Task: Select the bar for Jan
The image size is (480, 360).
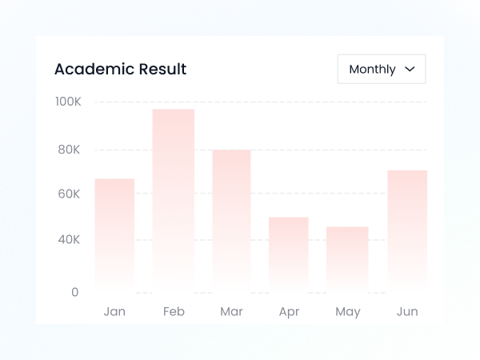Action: (x=114, y=232)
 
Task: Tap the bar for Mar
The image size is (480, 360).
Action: (x=231, y=218)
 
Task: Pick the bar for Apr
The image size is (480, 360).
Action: (x=289, y=252)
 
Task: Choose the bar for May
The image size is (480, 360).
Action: (x=347, y=257)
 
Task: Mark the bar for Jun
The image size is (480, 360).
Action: (x=407, y=229)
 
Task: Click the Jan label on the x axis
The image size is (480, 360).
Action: (x=114, y=311)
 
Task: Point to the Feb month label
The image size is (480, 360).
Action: (x=174, y=311)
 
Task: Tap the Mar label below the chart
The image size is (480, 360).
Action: (x=231, y=311)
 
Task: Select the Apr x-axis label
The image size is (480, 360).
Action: (x=289, y=311)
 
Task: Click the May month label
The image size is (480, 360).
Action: (x=348, y=311)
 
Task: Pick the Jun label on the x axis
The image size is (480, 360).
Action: (x=407, y=311)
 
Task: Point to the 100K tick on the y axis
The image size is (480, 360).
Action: (x=68, y=102)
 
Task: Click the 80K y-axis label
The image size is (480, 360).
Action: (x=68, y=150)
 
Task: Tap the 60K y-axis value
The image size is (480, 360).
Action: (x=68, y=194)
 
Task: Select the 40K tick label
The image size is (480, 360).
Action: (x=68, y=239)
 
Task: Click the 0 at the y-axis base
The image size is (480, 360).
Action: (x=75, y=292)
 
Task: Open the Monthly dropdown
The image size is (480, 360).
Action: (x=382, y=69)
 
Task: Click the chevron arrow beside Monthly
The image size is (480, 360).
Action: (x=410, y=69)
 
